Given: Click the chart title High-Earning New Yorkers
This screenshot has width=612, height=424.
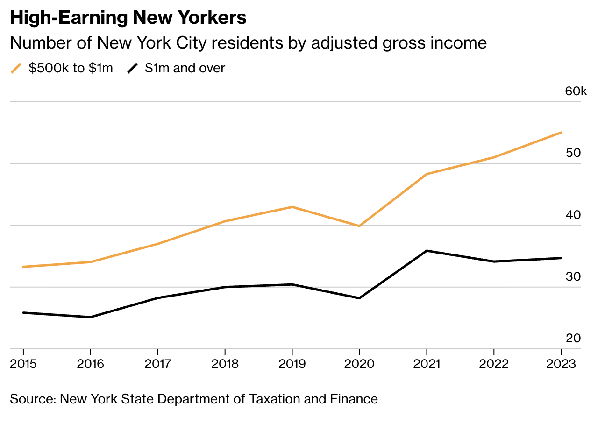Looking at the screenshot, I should [128, 18].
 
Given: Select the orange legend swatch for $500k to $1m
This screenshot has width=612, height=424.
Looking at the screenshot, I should [16, 68].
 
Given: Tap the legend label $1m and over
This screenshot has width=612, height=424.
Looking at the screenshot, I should [185, 68].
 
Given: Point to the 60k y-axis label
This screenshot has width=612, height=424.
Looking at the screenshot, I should [576, 91].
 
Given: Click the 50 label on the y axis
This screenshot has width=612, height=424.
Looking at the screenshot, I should [573, 153].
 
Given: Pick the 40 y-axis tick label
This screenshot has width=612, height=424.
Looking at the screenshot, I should [573, 215].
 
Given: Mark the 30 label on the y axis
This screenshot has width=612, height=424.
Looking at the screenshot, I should [573, 276].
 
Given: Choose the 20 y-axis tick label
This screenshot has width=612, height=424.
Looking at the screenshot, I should [573, 338].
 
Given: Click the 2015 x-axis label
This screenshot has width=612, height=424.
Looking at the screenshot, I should [24, 364].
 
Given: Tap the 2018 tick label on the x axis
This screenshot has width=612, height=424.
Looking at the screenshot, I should [225, 364].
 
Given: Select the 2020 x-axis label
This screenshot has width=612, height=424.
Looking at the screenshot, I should [359, 364].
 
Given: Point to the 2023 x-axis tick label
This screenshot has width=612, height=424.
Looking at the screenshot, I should [561, 364].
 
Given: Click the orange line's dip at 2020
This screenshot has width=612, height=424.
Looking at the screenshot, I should [359, 226].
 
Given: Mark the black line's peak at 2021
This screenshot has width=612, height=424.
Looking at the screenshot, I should [427, 251].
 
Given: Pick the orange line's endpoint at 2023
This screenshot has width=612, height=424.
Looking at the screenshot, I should [561, 133].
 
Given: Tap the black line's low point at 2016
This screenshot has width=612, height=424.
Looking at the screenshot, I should [91, 317].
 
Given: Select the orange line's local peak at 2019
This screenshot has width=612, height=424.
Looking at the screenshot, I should [292, 207].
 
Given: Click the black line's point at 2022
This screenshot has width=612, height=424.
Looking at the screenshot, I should [494, 261].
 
